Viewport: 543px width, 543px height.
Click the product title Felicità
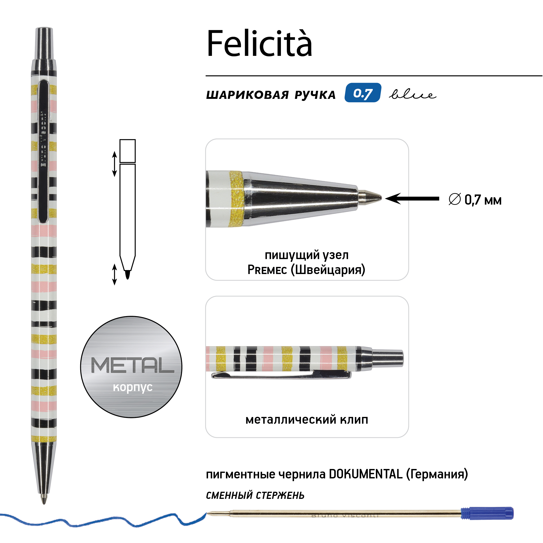pyautogui.click(x=259, y=43)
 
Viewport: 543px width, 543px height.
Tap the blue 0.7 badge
pyautogui.click(x=363, y=93)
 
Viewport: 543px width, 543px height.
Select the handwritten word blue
pyautogui.click(x=412, y=95)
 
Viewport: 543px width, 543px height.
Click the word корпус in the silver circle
pyautogui.click(x=132, y=387)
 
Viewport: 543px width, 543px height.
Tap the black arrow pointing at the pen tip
pyautogui.click(x=412, y=198)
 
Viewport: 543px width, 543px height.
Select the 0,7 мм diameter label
pyautogui.click(x=475, y=200)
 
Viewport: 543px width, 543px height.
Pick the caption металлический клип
pyautogui.click(x=307, y=419)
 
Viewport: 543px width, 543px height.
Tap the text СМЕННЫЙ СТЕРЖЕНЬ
pyautogui.click(x=255, y=495)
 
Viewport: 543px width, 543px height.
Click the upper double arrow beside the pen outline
pyautogui.click(x=114, y=164)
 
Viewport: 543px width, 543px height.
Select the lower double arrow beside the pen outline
pyautogui.click(x=114, y=274)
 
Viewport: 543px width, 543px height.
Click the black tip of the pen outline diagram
pyautogui.click(x=127, y=274)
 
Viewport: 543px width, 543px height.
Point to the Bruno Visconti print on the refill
pyautogui.click(x=345, y=515)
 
